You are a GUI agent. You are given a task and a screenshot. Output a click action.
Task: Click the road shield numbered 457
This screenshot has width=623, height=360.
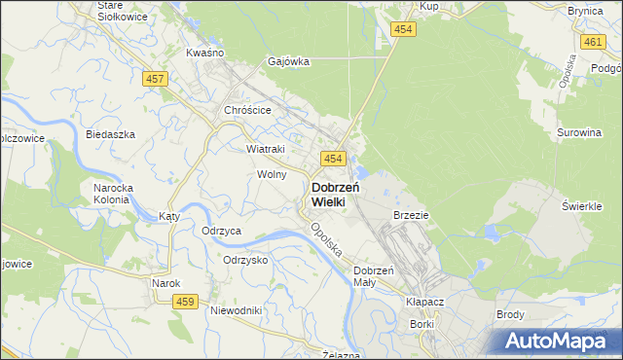tap(152, 78)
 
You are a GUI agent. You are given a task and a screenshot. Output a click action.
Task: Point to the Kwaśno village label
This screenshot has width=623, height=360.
tap(205, 52)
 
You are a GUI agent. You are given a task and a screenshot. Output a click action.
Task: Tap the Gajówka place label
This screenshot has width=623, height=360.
tap(289, 61)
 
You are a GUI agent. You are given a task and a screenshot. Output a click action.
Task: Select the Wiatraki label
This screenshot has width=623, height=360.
tap(266, 149)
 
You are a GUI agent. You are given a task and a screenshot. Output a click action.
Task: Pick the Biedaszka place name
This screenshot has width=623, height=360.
tap(110, 134)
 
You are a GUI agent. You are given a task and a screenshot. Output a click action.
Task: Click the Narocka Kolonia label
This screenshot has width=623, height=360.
tap(112, 193)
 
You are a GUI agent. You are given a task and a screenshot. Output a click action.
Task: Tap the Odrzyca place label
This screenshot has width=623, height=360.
tap(221, 231)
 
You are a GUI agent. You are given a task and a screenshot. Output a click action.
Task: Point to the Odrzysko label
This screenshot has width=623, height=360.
tap(245, 260)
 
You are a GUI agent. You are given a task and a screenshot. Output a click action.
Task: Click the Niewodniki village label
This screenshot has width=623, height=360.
tap(236, 310)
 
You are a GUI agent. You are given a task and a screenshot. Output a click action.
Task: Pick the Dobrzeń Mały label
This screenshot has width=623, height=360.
tap(373, 275)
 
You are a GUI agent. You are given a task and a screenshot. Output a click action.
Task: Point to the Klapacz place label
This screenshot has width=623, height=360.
tap(425, 302)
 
